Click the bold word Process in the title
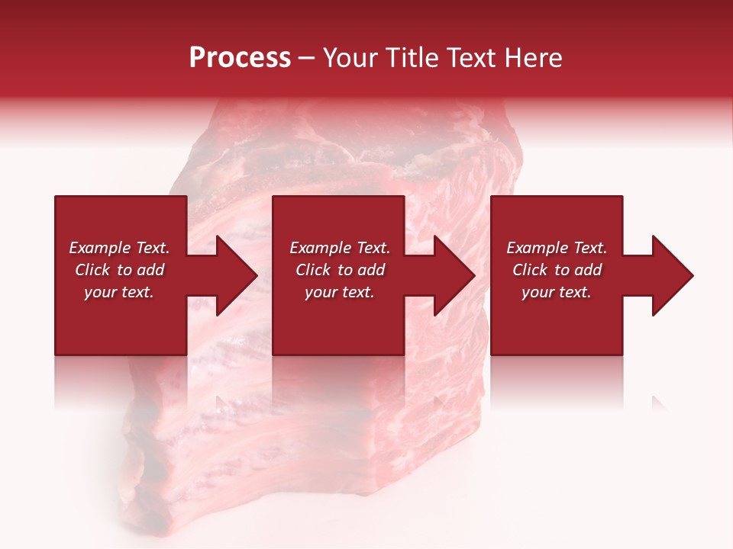point(240,58)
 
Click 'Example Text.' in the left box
point(119,248)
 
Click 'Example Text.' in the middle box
point(340,248)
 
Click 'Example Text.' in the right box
point(557,248)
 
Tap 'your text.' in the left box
point(119,292)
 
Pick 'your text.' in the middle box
point(340,292)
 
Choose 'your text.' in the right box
point(557,292)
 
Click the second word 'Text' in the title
point(472,58)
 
